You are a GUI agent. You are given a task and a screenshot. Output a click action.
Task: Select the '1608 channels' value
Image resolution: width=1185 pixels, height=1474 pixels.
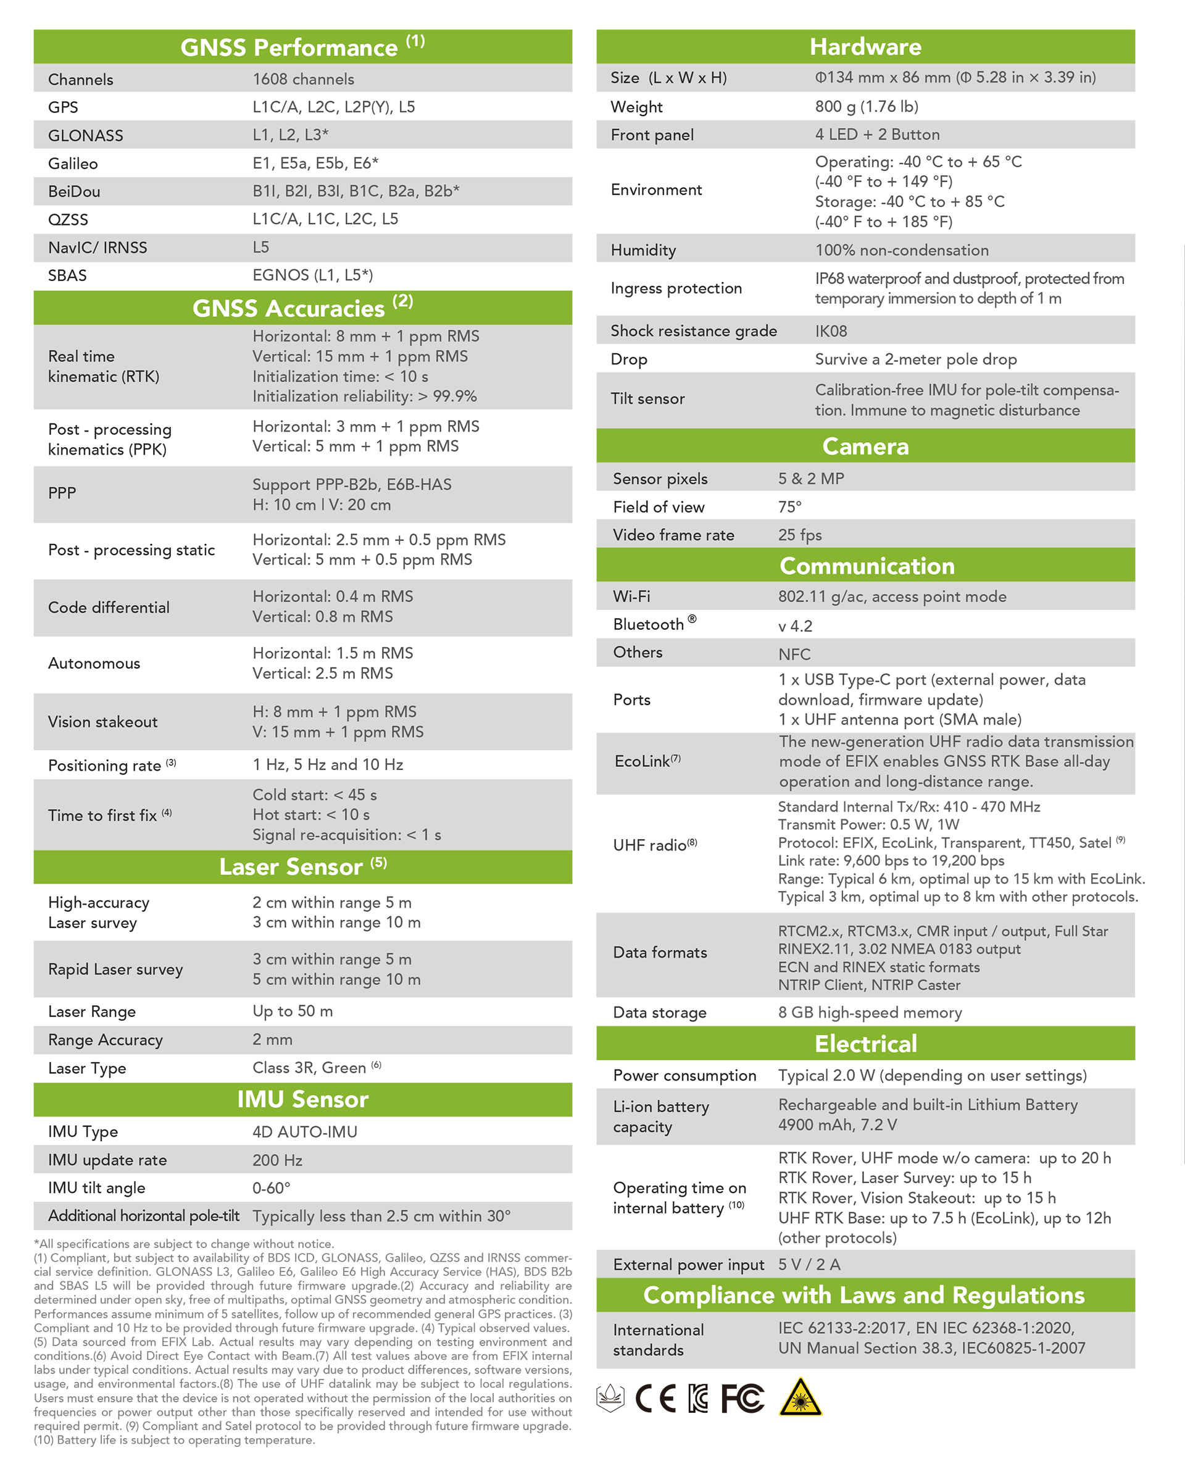tap(304, 79)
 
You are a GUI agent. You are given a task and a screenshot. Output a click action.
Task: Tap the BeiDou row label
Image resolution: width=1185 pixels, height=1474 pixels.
tap(74, 191)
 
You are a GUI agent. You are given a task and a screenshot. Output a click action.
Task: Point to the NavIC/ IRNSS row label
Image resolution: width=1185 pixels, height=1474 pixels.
tap(97, 248)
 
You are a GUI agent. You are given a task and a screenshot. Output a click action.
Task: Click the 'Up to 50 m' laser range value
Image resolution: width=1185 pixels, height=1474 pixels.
tap(293, 1011)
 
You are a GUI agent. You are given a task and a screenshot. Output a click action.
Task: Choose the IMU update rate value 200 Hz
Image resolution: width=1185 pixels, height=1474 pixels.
tap(278, 1160)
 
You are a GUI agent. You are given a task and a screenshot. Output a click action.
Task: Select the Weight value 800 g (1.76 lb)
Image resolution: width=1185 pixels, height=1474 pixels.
tap(867, 107)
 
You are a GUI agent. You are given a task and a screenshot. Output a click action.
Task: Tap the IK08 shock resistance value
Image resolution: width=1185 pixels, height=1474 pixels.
tap(831, 331)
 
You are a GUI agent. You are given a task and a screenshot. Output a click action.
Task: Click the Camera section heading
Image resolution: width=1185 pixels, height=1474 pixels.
tap(865, 446)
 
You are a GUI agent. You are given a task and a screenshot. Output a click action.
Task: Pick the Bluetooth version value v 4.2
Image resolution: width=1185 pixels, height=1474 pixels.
tap(795, 626)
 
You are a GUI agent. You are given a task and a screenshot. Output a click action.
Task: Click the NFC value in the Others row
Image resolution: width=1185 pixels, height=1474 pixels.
tap(794, 655)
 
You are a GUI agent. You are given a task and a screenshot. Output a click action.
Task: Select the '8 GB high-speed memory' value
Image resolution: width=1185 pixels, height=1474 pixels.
tap(869, 1013)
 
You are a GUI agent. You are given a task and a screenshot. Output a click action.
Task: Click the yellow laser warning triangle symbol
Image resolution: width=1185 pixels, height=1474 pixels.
tap(800, 1398)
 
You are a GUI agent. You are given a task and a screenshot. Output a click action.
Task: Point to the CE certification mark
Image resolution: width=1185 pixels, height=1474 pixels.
tap(655, 1399)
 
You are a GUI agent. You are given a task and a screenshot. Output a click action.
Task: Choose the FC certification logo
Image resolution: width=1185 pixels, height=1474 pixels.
tap(742, 1399)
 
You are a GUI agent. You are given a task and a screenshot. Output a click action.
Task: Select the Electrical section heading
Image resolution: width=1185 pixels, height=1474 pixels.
tap(865, 1044)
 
